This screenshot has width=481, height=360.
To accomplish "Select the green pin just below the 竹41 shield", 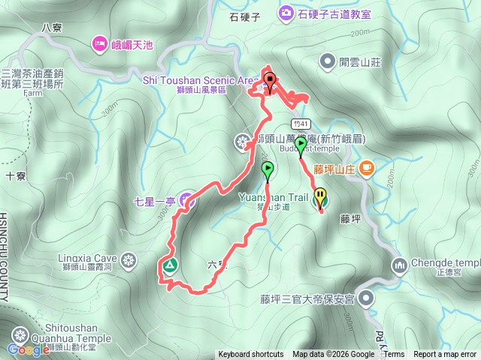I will (301, 145).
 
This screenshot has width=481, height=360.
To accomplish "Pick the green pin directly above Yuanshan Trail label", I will (267, 171).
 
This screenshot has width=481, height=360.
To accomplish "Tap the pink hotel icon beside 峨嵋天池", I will (100, 45).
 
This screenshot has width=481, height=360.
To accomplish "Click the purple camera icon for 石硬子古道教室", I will (286, 12).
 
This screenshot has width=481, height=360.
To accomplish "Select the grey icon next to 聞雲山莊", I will (327, 60).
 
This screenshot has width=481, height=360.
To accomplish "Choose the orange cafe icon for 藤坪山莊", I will (367, 168).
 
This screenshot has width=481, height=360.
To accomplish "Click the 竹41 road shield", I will (299, 124).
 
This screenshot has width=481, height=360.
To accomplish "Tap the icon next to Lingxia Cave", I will (129, 261).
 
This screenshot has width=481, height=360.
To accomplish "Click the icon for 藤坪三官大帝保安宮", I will (366, 298).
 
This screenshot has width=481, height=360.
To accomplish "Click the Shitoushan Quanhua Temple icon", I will (18, 334).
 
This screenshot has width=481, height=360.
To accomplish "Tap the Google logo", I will (28, 349).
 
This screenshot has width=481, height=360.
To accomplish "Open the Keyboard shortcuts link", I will (251, 355).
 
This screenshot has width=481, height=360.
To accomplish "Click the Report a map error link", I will (445, 355).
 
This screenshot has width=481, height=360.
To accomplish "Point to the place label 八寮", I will (51, 27).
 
